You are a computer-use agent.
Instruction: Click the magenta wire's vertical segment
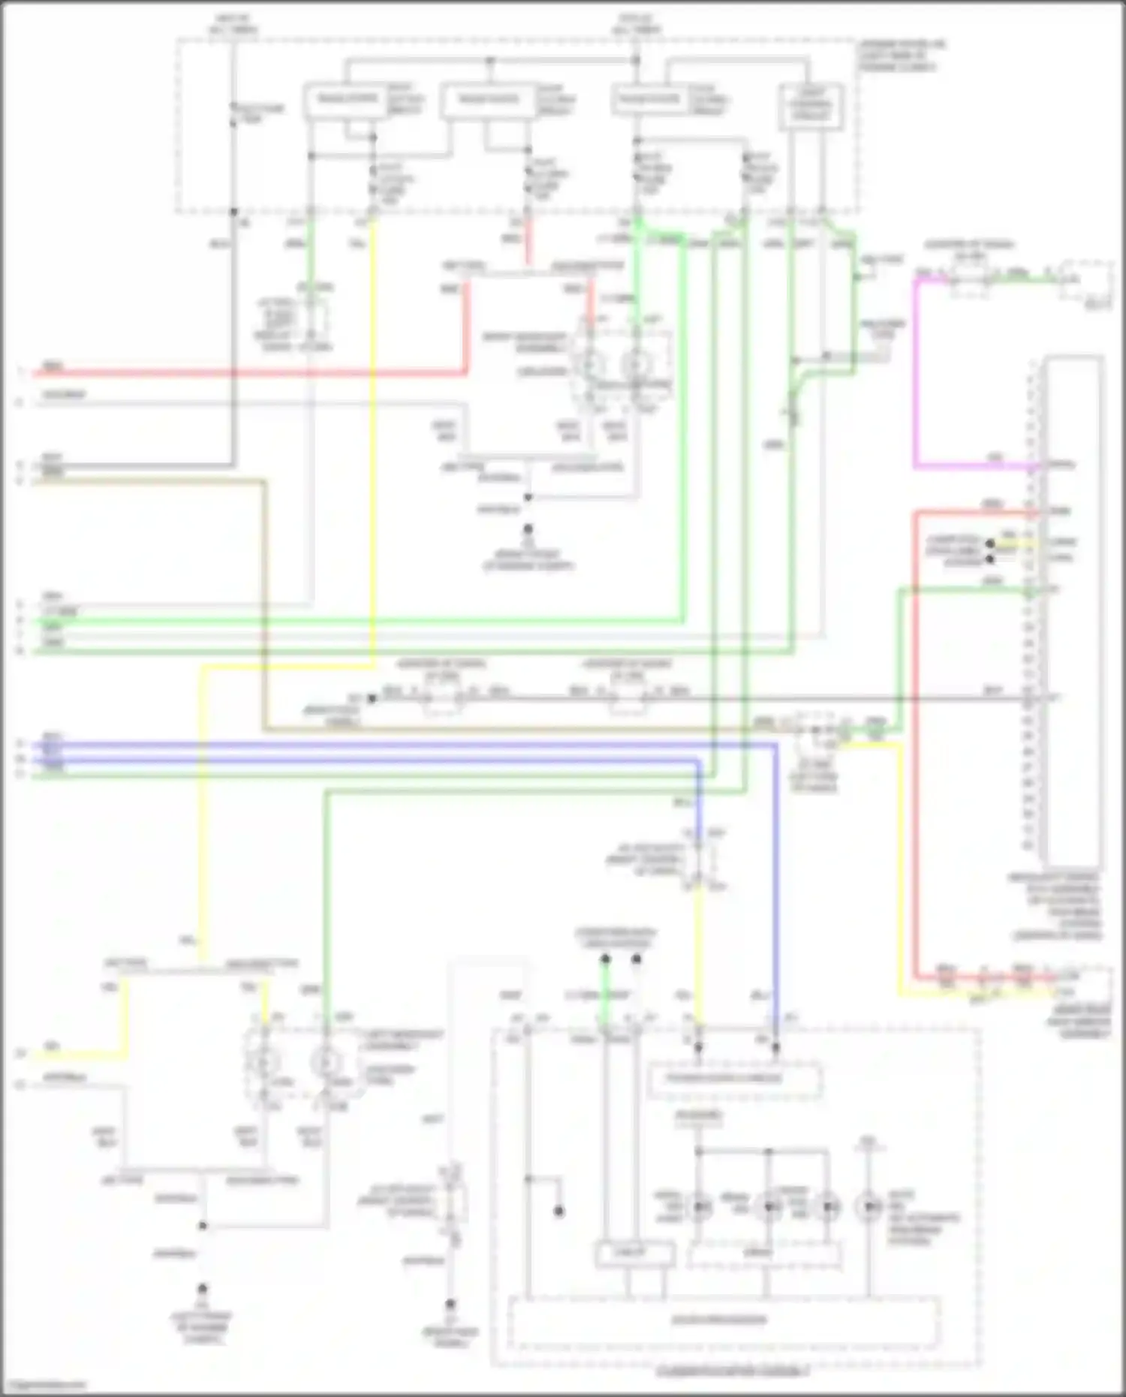coord(915,375)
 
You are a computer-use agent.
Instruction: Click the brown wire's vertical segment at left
coord(264,601)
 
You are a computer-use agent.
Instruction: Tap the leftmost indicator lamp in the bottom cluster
coord(700,1206)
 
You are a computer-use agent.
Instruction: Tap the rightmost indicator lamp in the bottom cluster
coord(869,1206)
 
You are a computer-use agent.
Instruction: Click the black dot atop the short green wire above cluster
coord(604,959)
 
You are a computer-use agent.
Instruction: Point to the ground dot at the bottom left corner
coord(202,1288)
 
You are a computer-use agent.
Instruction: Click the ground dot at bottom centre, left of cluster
coord(450,1304)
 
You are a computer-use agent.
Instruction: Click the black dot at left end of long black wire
coord(371,698)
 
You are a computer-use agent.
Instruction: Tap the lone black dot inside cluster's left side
coord(558,1212)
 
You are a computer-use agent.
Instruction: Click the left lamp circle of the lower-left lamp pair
coord(263,1062)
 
